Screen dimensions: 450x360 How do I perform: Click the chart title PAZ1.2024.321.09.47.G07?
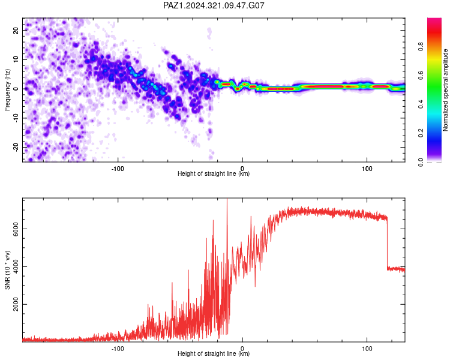pos(214,5)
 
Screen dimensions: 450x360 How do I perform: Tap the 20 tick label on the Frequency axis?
pos(16,30)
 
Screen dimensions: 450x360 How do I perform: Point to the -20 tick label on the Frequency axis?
pos(16,147)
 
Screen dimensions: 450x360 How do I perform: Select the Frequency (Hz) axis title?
pos(7,90)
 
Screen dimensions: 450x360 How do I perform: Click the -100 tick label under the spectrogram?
pos(118,169)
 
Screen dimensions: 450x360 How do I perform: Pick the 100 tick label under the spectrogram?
pos(367,169)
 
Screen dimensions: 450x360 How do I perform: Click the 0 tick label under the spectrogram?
pos(242,169)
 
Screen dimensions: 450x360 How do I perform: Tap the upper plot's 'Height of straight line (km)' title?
pos(214,173)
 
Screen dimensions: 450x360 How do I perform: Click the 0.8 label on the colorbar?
pos(421,47)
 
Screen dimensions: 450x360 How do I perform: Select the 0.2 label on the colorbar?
pos(421,133)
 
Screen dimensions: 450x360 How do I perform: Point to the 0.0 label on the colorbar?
pos(421,162)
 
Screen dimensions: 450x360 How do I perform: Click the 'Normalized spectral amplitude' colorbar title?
pos(445,90)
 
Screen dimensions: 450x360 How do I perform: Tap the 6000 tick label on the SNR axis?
pos(16,229)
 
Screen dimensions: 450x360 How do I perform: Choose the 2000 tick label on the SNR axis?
pos(16,304)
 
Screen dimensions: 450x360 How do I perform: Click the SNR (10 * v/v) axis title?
pos(7,270)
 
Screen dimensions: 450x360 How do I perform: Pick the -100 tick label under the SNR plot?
pos(118,349)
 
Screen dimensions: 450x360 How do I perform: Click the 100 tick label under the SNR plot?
pos(367,349)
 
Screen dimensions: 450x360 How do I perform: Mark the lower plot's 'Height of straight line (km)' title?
pos(214,353)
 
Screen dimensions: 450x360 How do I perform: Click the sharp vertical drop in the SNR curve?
pos(387,244)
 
